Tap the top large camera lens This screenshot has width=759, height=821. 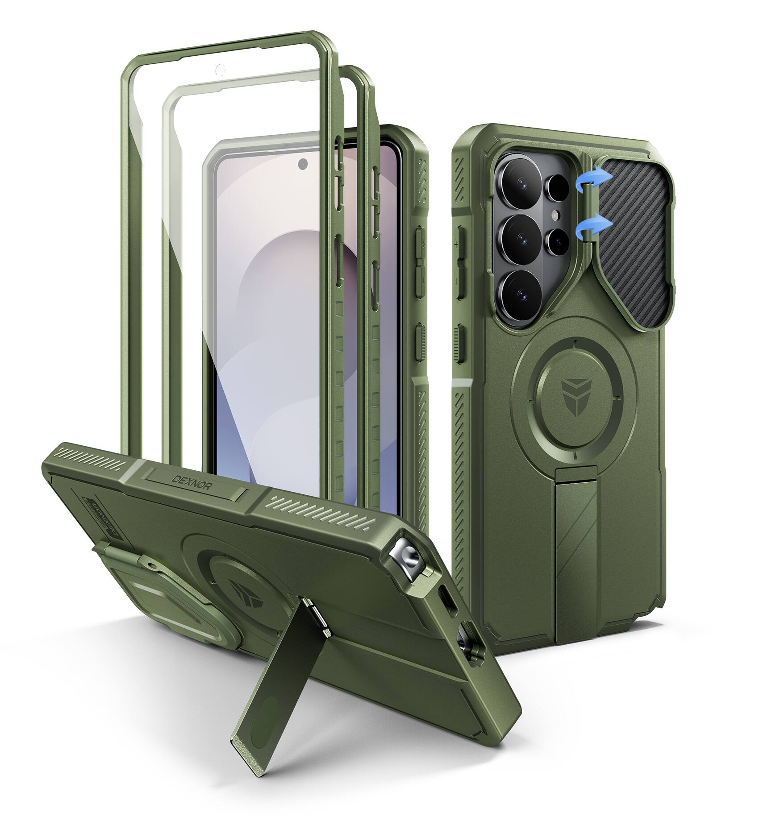tap(520, 183)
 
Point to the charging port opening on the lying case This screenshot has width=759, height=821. tap(446, 598)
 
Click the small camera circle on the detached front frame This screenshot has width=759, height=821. tap(219, 69)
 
